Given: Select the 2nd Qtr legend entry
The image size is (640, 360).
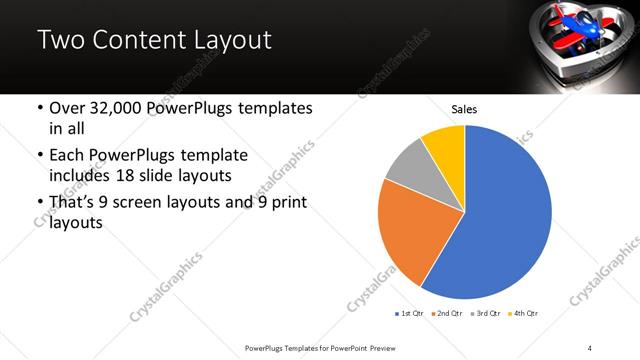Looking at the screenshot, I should [445, 314].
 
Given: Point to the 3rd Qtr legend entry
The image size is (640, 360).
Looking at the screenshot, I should [483, 314].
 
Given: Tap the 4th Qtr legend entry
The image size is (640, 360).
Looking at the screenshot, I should [522, 314].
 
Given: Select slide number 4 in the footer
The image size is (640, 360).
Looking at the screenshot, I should [590, 347].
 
